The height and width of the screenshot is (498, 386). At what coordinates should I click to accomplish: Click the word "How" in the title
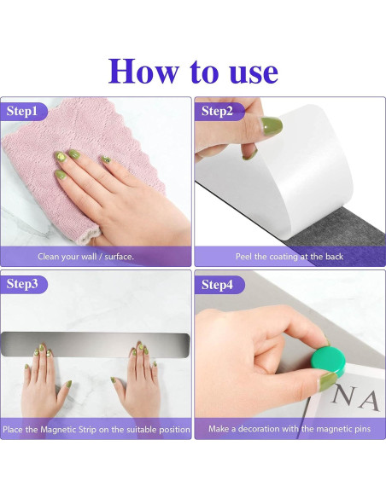coord(143,71)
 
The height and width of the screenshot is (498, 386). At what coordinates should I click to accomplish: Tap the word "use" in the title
coord(254,73)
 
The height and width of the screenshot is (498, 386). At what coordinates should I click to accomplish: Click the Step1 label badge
coord(24,112)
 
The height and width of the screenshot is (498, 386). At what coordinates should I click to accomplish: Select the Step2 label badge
coord(219,112)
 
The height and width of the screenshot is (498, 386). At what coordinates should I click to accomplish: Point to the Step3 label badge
coord(24,284)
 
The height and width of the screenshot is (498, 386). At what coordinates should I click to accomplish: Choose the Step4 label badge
coord(219,285)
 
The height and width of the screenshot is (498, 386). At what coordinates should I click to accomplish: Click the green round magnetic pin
coord(328,362)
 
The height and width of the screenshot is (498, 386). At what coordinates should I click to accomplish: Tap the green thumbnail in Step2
coord(272,125)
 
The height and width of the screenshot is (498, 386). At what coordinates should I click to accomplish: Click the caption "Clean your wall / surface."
coord(86,257)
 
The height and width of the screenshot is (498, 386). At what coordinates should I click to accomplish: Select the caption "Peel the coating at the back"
coord(289,257)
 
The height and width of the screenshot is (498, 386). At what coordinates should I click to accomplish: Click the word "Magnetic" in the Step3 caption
coord(68,430)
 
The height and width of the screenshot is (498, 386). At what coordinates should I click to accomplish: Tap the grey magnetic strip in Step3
coord(96,344)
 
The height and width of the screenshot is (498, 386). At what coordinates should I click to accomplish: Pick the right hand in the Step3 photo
coord(137,381)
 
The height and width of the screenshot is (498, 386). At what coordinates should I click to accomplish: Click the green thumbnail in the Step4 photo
coord(327,382)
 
